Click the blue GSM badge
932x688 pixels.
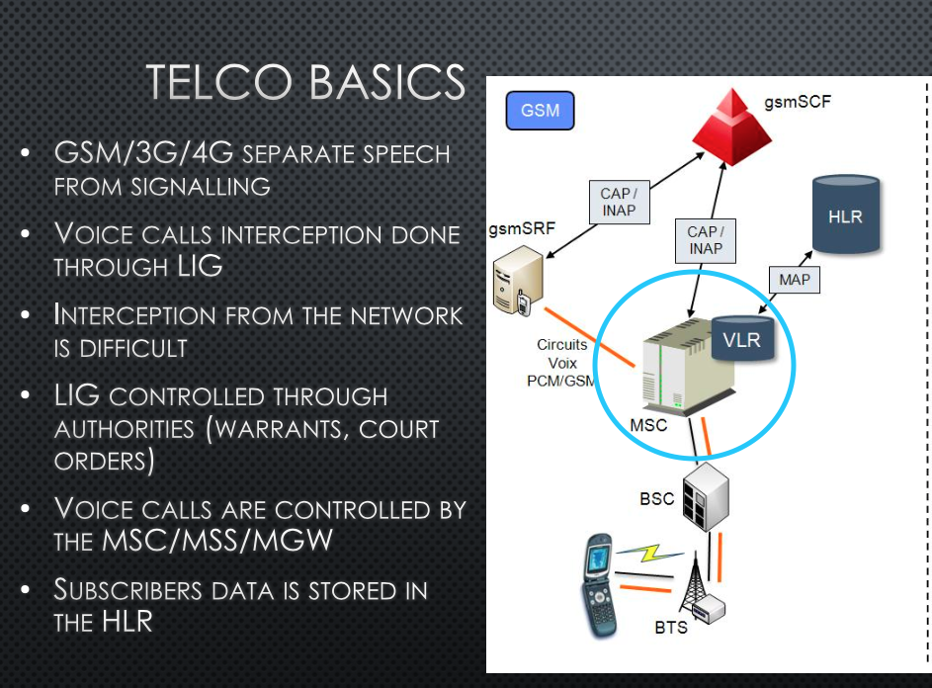tap(540, 111)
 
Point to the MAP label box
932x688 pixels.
tap(794, 280)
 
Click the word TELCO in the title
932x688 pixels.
tap(209, 82)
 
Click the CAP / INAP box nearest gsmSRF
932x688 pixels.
tap(618, 201)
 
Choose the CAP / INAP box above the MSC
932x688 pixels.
tap(705, 240)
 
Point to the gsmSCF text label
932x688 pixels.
tap(798, 102)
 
